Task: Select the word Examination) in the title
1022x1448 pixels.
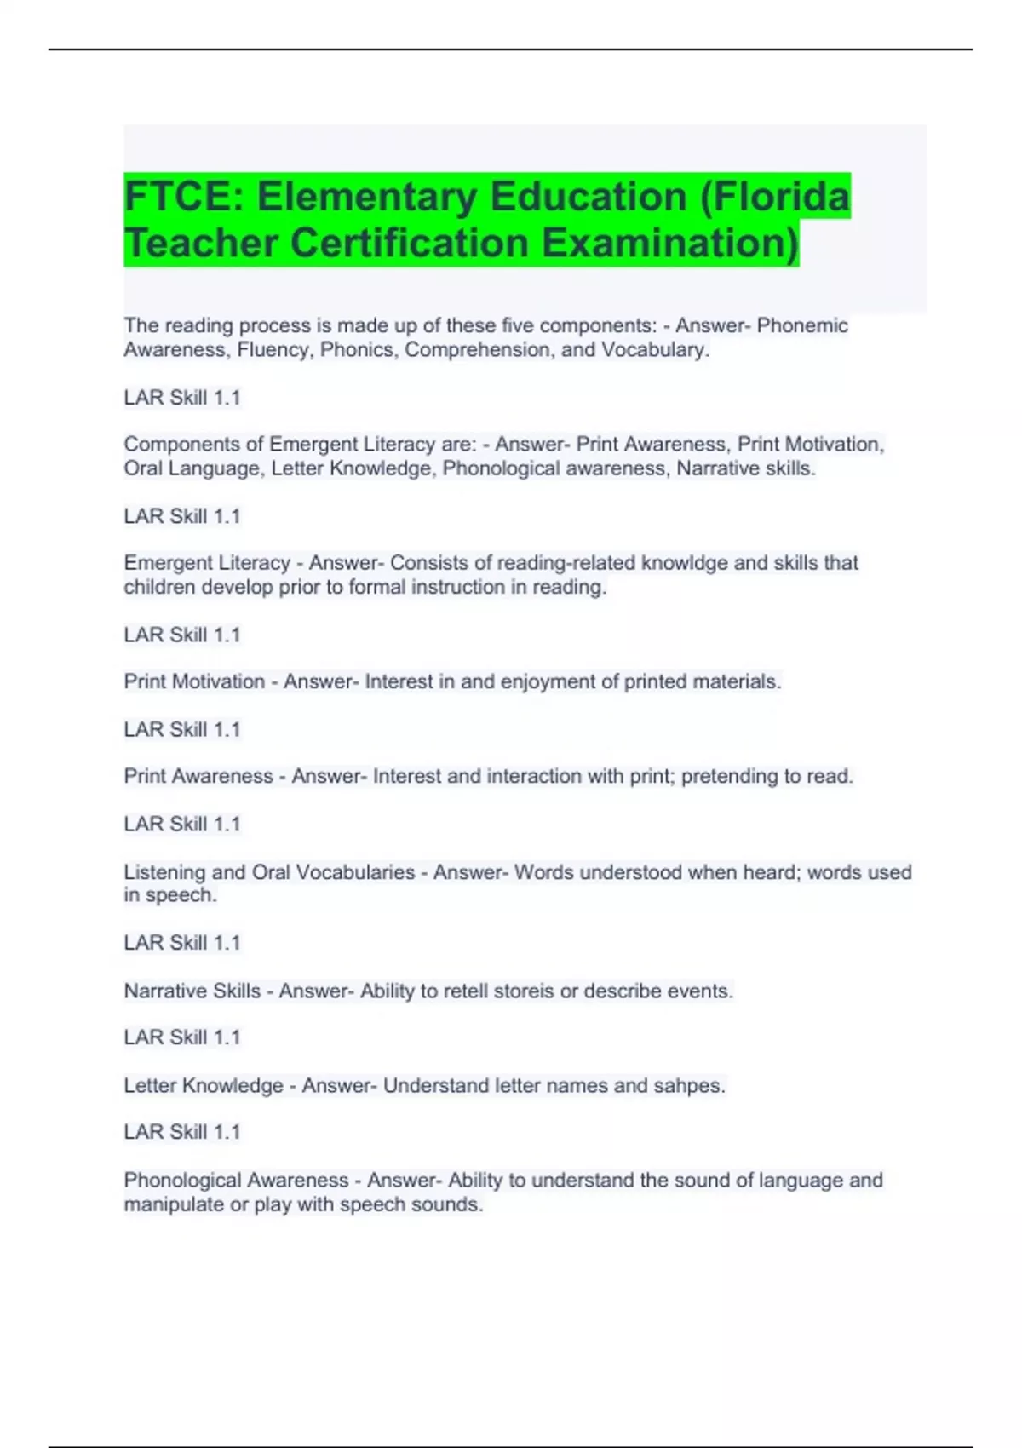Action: coord(670,243)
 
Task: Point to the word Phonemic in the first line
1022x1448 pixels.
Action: coord(802,325)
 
